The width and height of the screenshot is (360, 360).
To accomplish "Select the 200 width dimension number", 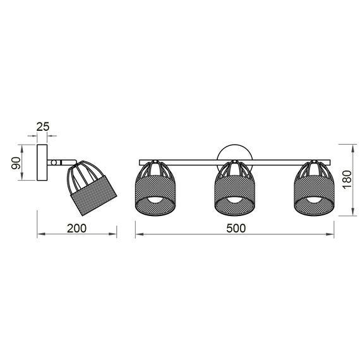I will (76, 229).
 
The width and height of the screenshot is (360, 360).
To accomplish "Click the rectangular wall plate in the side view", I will (43, 162).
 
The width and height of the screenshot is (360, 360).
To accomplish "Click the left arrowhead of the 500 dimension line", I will (138, 236).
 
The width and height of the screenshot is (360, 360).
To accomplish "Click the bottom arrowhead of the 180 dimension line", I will (351, 213).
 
